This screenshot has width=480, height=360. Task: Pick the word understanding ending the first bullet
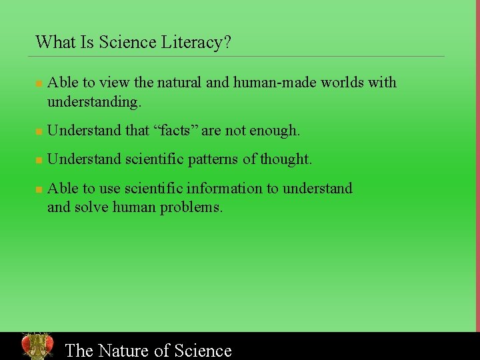[x=93, y=102]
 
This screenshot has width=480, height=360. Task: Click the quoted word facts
[x=176, y=131]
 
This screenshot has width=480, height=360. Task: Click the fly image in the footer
[x=37, y=346]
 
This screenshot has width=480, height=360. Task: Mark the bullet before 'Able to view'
[x=39, y=84]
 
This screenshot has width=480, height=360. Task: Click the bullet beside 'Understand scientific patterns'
[x=39, y=161]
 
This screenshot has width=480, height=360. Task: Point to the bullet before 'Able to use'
[x=39, y=190]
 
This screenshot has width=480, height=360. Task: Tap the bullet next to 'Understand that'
[x=39, y=132]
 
